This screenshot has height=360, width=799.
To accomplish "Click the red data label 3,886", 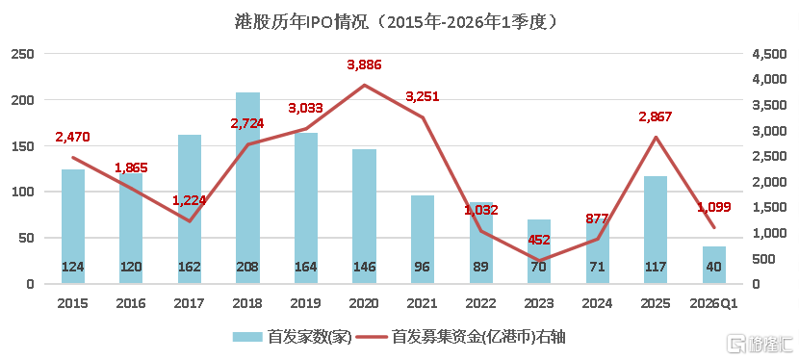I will (x=364, y=64).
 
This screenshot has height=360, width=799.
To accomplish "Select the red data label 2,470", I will (x=73, y=137).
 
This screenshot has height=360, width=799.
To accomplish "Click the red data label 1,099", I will (x=713, y=207).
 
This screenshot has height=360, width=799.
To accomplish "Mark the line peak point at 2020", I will (x=364, y=85).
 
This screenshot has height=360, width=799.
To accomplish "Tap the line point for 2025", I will (x=655, y=137).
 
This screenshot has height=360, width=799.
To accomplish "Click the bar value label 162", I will (x=190, y=267).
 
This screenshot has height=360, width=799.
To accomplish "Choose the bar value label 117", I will (x=655, y=267).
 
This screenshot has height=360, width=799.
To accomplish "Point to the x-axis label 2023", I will (x=538, y=302).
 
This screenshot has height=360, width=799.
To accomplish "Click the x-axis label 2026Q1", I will (x=713, y=302).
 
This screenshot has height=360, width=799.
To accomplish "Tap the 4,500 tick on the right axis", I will (x=760, y=54).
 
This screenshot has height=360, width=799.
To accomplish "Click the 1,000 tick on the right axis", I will (x=760, y=233).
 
